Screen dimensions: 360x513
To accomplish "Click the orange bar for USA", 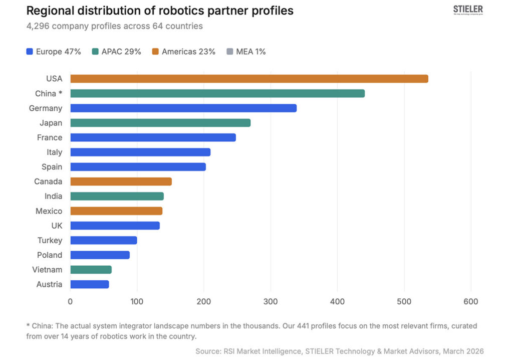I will click(x=249, y=79).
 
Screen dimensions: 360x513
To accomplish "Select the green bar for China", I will click(x=217, y=93).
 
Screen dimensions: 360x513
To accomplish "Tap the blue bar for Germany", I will click(x=183, y=108).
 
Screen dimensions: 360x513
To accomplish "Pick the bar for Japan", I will click(x=160, y=123).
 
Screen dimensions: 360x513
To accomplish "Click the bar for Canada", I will click(x=121, y=182).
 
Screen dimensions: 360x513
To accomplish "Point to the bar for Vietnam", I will click(x=91, y=270).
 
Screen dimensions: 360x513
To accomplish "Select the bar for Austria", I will click(x=89, y=284).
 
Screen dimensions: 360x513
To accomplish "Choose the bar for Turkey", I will click(x=103, y=241).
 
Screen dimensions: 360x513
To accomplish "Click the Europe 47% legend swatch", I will click(x=30, y=52).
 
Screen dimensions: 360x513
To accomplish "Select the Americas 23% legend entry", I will click(x=183, y=52).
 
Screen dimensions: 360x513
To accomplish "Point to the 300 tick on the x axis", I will click(x=271, y=302).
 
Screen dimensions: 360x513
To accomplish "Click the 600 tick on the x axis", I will click(x=470, y=302).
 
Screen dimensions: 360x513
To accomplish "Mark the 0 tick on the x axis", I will click(x=70, y=302).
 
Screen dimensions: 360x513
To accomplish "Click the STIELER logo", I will click(x=467, y=11).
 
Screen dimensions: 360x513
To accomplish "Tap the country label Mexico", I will click(x=49, y=211).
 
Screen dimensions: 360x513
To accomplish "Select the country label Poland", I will click(x=50, y=255).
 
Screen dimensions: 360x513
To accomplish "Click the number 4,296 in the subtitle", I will click(x=38, y=26).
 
